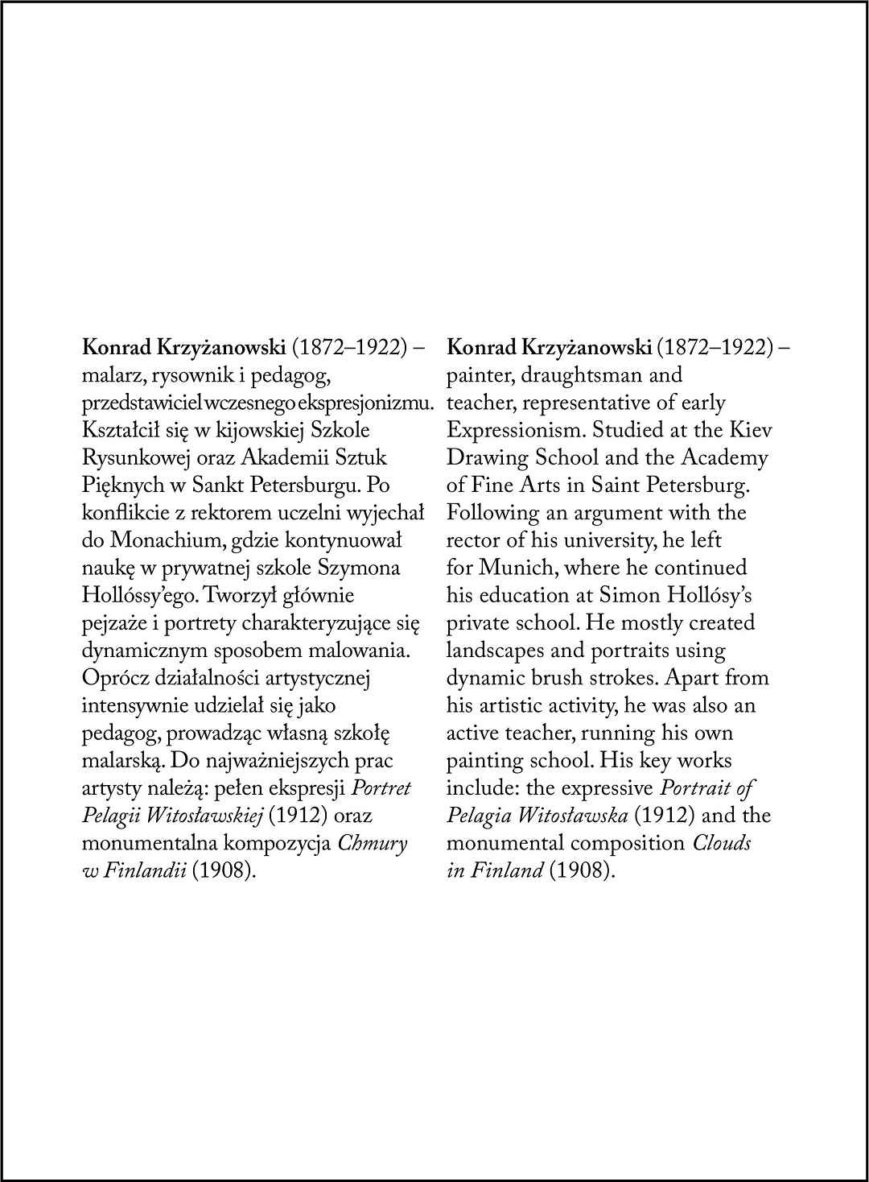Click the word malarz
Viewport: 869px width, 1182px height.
(x=109, y=376)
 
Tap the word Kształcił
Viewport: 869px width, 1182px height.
(x=117, y=431)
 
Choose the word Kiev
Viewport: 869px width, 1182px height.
(x=752, y=431)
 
